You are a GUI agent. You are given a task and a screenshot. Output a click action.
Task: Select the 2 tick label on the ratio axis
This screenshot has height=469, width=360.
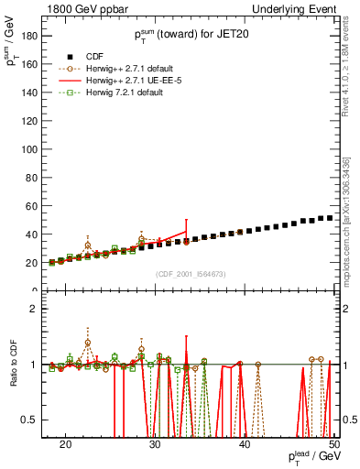point(36,309)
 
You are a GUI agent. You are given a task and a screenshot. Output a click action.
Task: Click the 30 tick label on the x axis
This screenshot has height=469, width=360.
point(155,442)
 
